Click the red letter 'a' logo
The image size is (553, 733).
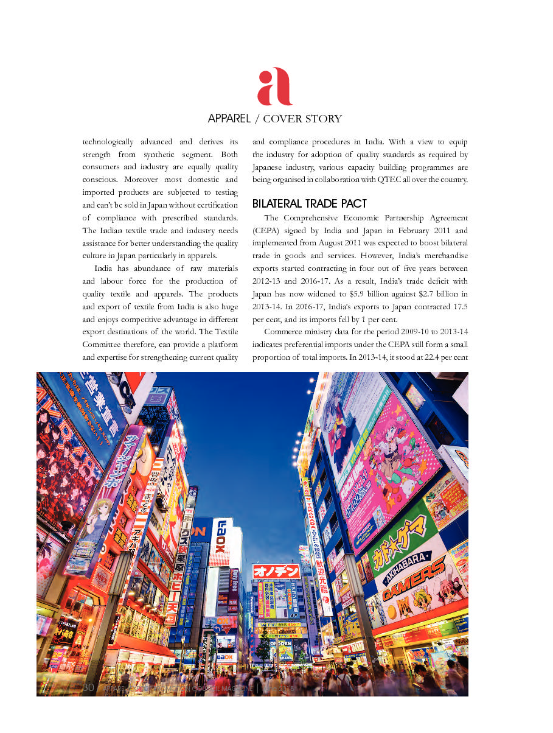[275, 86]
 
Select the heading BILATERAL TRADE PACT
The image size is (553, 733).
[310, 203]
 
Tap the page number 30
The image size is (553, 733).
[88, 687]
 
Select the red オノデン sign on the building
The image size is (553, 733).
[276, 572]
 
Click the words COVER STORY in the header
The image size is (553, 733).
[302, 119]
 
